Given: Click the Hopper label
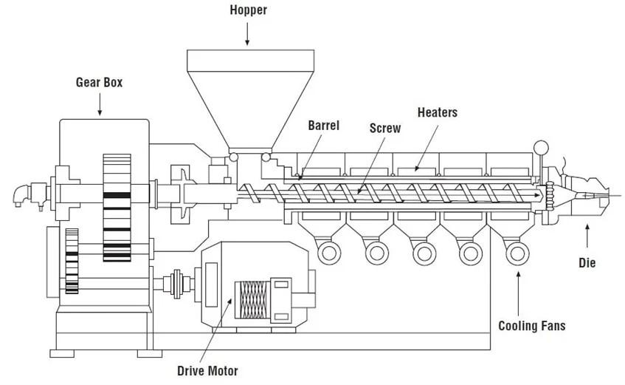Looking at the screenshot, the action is pyautogui.click(x=248, y=10).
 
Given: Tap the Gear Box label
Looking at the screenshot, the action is pyautogui.click(x=100, y=82).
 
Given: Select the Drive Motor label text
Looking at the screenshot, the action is pyautogui.click(x=207, y=371).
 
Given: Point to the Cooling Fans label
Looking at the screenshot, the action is pyautogui.click(x=532, y=326).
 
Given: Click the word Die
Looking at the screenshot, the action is pyautogui.click(x=587, y=263).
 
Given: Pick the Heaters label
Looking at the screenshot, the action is pyautogui.click(x=438, y=112).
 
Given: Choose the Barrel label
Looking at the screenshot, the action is pyautogui.click(x=324, y=126).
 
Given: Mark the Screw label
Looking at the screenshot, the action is pyautogui.click(x=385, y=128).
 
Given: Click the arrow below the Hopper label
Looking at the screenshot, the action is pyautogui.click(x=247, y=34).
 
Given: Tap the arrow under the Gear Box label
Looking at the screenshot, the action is pyautogui.click(x=100, y=105).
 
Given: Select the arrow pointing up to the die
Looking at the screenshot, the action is pyautogui.click(x=587, y=236).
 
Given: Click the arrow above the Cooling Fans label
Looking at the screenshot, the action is pyautogui.click(x=518, y=293).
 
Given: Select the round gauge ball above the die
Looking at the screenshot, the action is pyautogui.click(x=541, y=147).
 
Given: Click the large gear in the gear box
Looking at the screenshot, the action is pyautogui.click(x=117, y=208).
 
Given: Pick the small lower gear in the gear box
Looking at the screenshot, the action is pyautogui.click(x=72, y=261).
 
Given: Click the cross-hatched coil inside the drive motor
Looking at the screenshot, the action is pyautogui.click(x=252, y=299).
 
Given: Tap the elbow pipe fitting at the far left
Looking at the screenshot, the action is pyautogui.click(x=21, y=196).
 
